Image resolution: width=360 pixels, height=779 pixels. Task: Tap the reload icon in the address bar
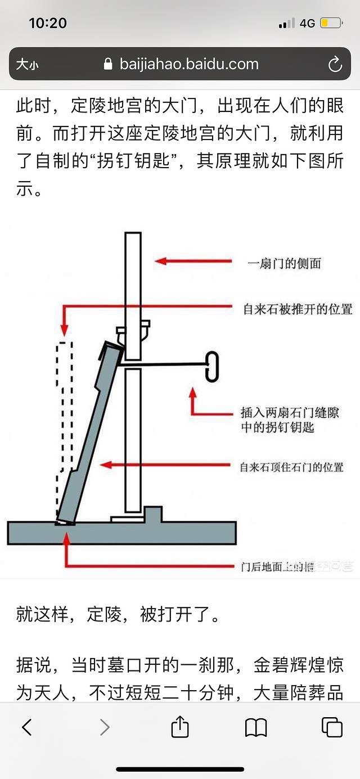pyautogui.click(x=335, y=64)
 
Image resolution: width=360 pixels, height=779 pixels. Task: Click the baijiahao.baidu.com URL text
pyautogui.click(x=189, y=64)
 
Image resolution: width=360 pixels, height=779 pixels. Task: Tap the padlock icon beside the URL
pyautogui.click(x=109, y=64)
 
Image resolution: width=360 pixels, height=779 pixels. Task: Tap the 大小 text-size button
pyautogui.click(x=27, y=65)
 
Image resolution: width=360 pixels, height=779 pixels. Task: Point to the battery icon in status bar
pyautogui.click(x=331, y=23)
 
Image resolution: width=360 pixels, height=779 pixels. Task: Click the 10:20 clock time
pyautogui.click(x=47, y=23)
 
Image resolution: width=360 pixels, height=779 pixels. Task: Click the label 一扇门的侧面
pyautogui.click(x=285, y=263)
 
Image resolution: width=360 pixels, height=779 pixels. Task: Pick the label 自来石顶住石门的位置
pyautogui.click(x=291, y=467)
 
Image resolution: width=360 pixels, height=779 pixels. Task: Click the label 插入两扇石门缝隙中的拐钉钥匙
pyautogui.click(x=290, y=420)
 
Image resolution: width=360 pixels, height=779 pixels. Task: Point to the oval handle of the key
pyautogui.click(x=212, y=366)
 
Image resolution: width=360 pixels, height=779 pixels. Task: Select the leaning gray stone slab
pyautogui.click(x=90, y=439)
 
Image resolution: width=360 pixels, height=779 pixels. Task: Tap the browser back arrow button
pyautogui.click(x=26, y=727)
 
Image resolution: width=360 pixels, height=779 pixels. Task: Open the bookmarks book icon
pyautogui.click(x=256, y=727)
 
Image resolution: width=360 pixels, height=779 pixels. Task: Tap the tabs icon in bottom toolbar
pyautogui.click(x=332, y=727)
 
